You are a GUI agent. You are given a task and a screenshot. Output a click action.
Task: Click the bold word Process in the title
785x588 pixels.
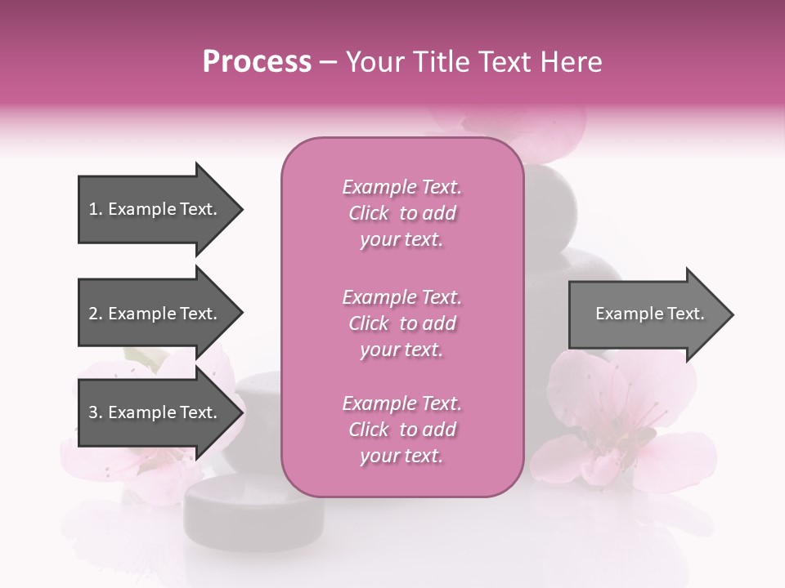[x=257, y=62]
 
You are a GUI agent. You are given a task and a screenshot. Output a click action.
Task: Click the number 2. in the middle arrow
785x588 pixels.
[x=95, y=314]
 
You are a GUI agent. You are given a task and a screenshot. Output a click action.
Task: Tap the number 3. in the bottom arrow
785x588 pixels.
[x=95, y=412]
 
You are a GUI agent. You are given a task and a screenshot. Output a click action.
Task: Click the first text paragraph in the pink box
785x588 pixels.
[x=401, y=213]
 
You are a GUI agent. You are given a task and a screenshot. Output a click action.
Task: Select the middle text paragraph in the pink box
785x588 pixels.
[x=401, y=323]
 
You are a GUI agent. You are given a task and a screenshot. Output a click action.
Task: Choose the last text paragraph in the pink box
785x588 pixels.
[x=401, y=430]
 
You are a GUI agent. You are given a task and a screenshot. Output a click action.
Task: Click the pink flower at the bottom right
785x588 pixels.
[x=621, y=425]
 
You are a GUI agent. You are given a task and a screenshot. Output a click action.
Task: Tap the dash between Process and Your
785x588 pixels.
[x=328, y=63]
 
